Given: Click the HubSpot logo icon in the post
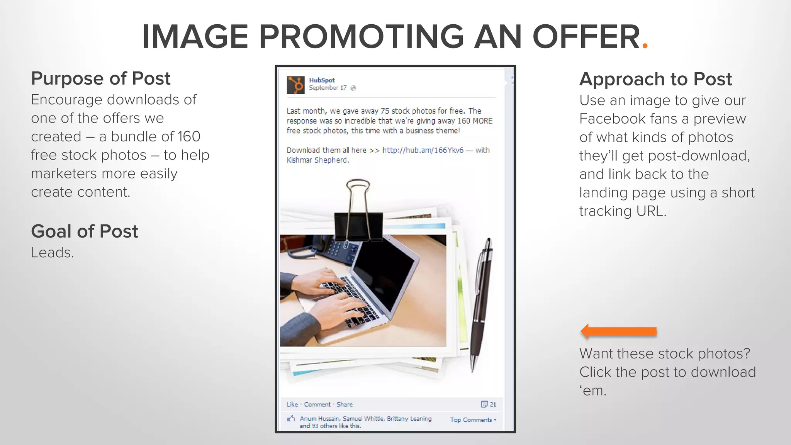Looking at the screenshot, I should pos(295,85).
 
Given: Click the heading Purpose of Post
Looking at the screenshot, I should pos(100,78).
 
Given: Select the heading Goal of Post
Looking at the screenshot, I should pos(84,231).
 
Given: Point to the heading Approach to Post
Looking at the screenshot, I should pos(655,79).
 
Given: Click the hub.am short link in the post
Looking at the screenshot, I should pos(423,150).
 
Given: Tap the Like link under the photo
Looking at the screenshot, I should pos(292,404).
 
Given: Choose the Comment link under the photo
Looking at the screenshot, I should pos(317,404).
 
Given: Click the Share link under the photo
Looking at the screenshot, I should pos(345,404).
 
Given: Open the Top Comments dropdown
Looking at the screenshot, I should pos(473,420).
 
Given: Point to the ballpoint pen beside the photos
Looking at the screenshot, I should pos(481,305).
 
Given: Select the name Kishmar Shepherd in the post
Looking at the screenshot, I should pos(317,160).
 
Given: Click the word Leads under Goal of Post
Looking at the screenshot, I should pos(52,253).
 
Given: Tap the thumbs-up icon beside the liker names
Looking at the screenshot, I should pos(291,418).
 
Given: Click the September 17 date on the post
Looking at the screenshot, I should pos(328,88).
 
